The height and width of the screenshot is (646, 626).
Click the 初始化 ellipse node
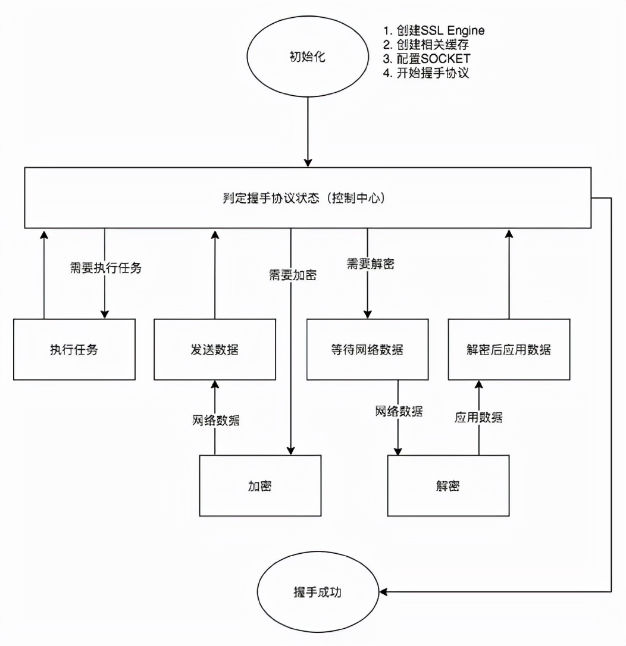pos(307,58)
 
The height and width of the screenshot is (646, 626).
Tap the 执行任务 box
pos(74,349)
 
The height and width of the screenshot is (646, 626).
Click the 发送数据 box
pos(214,349)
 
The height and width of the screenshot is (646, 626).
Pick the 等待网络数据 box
pos(367,349)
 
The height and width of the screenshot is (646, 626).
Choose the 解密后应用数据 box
pos(509,349)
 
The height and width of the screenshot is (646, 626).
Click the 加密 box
pos(260,485)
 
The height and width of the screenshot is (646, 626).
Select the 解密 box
pos(448,485)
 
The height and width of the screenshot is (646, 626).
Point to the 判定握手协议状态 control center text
pos(308,198)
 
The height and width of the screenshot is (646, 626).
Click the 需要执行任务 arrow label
pos(106,268)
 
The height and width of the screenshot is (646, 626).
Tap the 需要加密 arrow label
pos(292,275)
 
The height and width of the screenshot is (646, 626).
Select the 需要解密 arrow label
pos(370,263)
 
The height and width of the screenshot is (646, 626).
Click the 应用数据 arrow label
pos(478,417)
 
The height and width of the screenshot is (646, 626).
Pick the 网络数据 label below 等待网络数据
pos(399,411)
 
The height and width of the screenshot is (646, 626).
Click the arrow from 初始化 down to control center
pos(308,131)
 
